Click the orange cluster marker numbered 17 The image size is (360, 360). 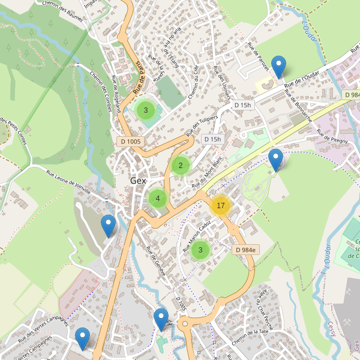(220, 206)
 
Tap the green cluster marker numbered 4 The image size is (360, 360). (157, 199)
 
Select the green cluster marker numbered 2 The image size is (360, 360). (181, 166)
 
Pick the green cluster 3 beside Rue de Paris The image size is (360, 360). (145, 110)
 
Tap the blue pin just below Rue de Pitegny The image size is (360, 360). (275, 161)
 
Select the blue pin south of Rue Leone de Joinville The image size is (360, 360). (108, 226)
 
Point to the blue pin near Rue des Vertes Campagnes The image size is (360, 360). (82, 339)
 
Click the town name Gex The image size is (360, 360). (138, 181)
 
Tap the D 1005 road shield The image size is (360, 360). (130, 142)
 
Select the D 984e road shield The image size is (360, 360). (246, 250)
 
